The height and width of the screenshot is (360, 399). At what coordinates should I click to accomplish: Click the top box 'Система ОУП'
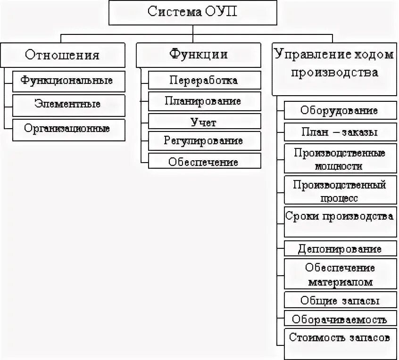(x=192, y=12)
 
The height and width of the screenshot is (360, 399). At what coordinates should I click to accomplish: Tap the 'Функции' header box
(x=199, y=54)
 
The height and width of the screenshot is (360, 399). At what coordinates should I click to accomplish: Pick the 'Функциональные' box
(x=69, y=81)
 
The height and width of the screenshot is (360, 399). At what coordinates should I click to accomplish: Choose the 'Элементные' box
(x=69, y=105)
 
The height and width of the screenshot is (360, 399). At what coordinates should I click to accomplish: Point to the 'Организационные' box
(x=69, y=129)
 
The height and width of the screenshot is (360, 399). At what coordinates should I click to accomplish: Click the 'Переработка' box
(x=204, y=80)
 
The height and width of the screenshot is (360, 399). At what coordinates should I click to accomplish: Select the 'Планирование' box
(x=204, y=101)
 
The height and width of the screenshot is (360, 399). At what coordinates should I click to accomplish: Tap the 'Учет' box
(x=204, y=122)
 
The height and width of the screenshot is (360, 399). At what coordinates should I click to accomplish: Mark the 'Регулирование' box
(x=204, y=141)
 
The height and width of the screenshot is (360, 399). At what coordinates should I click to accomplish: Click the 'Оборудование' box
(x=340, y=111)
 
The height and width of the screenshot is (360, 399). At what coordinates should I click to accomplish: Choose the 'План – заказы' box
(x=340, y=132)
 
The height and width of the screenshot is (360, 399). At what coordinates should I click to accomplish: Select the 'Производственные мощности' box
(x=340, y=159)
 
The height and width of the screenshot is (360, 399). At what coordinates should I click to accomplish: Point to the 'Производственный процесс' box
(x=340, y=190)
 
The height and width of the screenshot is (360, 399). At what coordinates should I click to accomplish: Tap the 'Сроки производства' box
(x=340, y=221)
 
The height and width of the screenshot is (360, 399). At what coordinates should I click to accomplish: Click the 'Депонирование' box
(x=340, y=248)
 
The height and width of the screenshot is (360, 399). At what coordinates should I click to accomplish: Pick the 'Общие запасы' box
(x=340, y=300)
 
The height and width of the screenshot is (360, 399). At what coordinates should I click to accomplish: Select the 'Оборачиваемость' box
(x=340, y=319)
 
